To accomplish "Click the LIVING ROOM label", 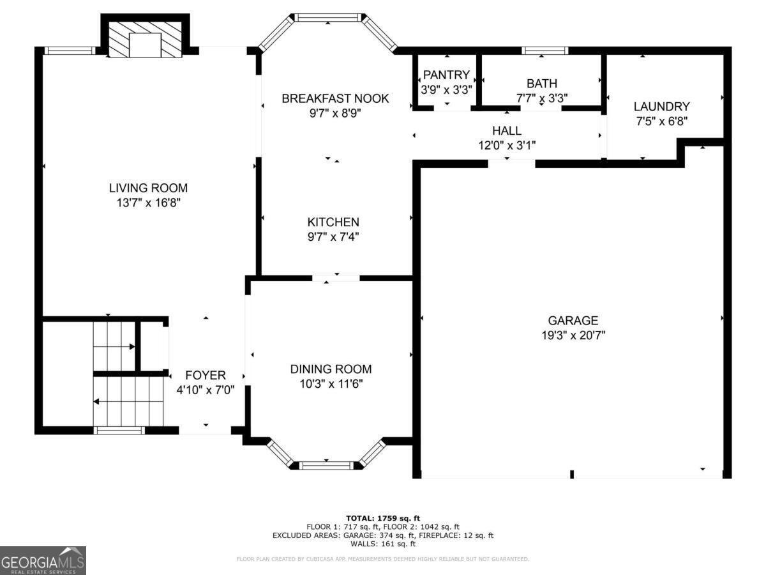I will (x=148, y=188).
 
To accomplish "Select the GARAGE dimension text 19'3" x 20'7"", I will (x=573, y=335).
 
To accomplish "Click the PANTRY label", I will (x=446, y=75).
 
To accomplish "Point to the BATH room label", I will (x=541, y=83).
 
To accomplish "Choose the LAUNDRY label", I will (x=661, y=107).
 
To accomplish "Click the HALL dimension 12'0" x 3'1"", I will (x=507, y=145).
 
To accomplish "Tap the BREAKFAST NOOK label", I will (x=335, y=98).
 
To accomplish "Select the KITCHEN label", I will (x=333, y=222).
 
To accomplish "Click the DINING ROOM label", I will (x=331, y=369).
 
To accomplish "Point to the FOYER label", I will (x=205, y=375).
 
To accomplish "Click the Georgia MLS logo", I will (x=43, y=560).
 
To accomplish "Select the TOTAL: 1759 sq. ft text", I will (x=382, y=517).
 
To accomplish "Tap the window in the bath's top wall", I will (x=544, y=50).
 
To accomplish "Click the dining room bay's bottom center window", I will (x=326, y=465).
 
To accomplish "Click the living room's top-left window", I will (x=69, y=50).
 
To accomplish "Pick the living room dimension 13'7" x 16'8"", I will (x=148, y=203).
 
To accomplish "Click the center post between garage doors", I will (x=572, y=474).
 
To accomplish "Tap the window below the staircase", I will (x=119, y=431).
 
